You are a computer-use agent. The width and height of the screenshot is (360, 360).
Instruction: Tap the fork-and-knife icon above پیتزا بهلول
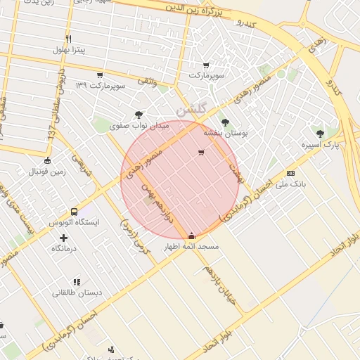point(68,39)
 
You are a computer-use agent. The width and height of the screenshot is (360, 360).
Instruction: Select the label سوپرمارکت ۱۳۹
point(102,86)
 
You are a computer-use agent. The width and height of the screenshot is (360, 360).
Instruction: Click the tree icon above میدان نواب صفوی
point(139,115)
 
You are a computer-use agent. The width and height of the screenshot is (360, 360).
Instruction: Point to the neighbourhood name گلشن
point(191,109)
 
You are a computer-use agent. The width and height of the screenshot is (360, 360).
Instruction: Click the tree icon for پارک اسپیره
point(321,133)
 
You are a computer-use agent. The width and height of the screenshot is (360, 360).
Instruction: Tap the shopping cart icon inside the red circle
point(202,153)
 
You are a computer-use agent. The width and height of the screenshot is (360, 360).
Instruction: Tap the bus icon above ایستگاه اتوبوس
point(75,211)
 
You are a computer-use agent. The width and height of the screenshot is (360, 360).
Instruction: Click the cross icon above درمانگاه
point(64,238)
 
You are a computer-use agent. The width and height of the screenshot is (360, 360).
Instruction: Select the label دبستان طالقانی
point(77,292)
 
